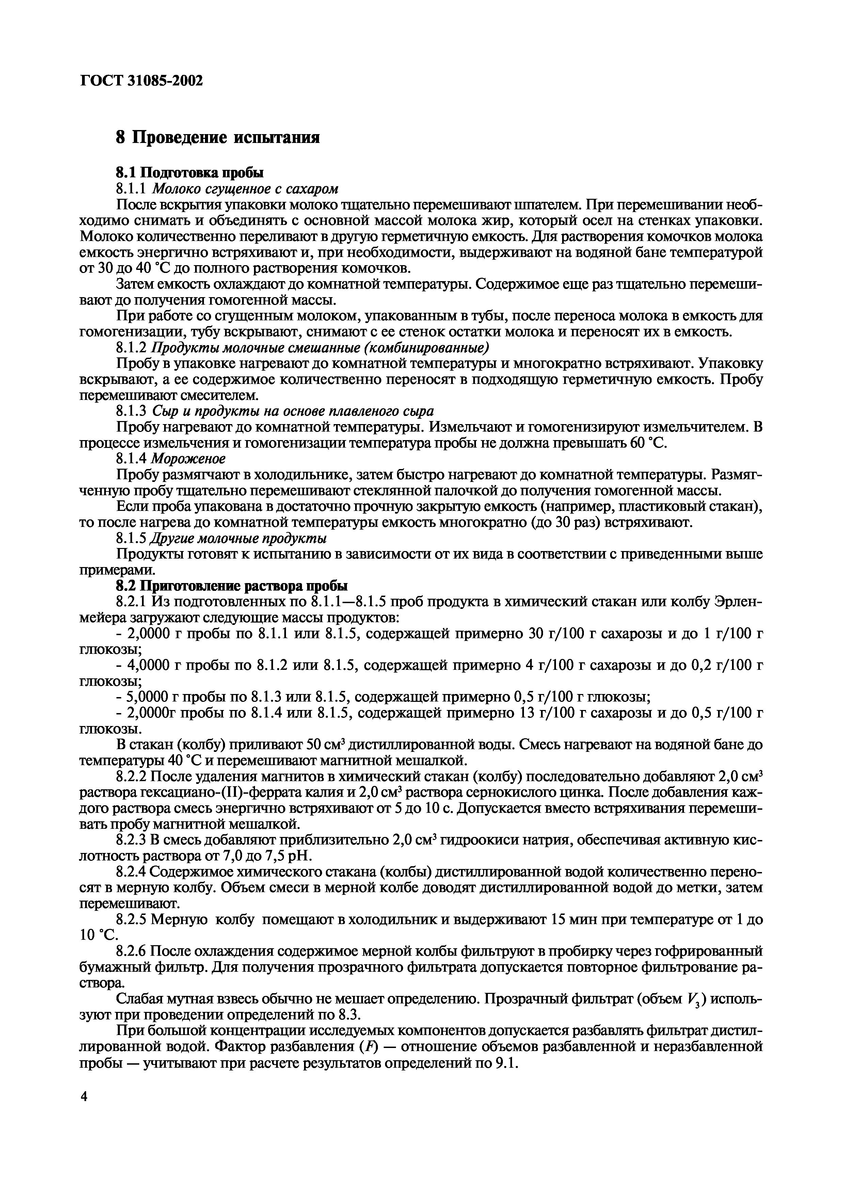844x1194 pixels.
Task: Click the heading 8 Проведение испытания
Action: [217, 138]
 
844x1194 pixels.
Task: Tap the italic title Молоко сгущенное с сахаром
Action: [245, 188]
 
